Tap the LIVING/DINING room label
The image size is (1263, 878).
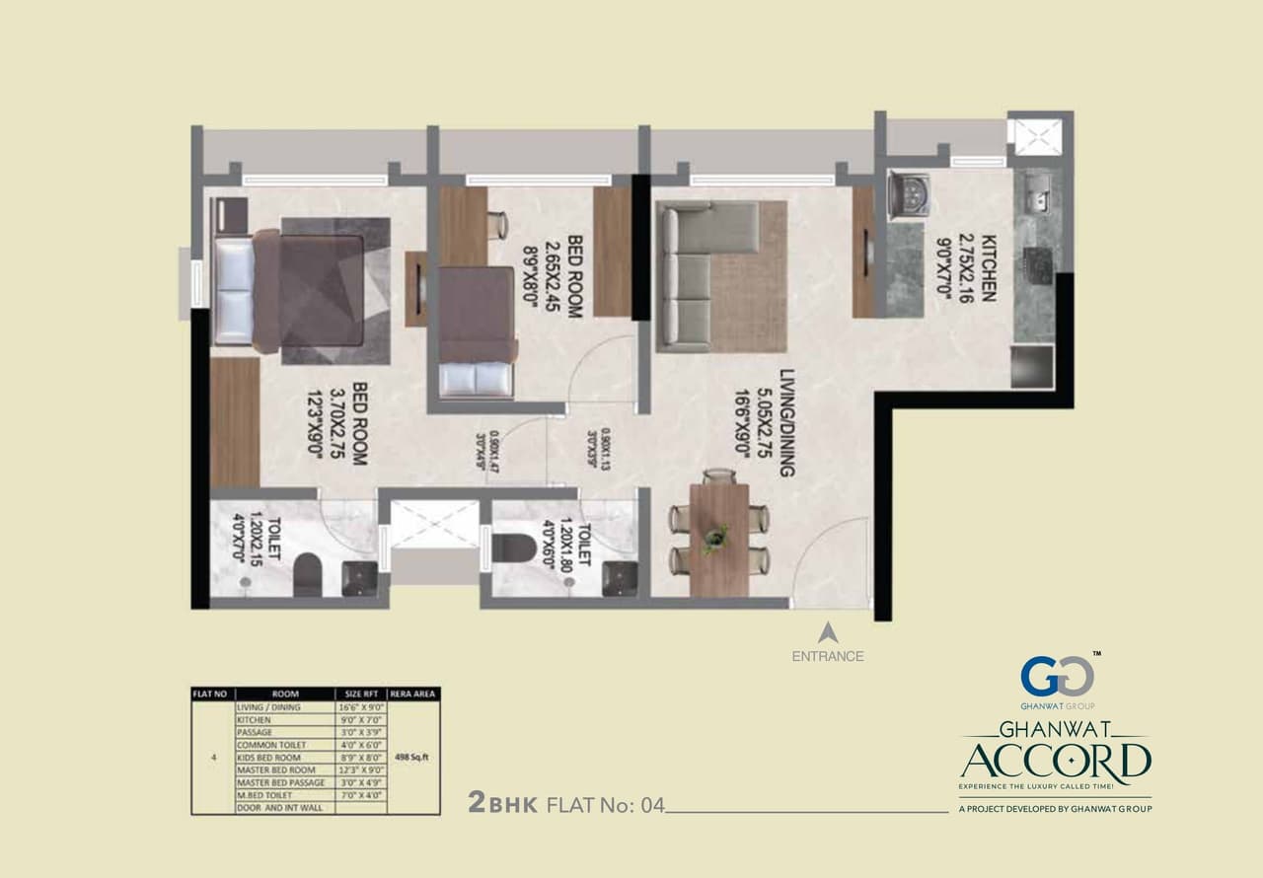786,423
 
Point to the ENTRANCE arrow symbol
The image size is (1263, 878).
828,632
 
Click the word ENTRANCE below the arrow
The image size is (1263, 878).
828,656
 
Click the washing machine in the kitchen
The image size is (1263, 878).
908,195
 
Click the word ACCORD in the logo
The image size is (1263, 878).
1056,761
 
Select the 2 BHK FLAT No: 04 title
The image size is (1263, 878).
566,804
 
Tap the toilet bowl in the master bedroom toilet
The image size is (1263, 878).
307,573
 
